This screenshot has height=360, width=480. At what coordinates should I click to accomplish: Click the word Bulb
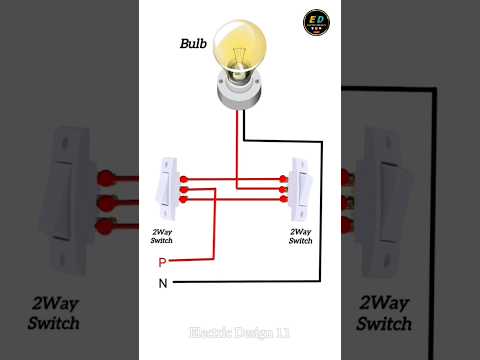pos(193,43)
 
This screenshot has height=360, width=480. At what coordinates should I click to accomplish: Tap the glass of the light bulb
pos(238,45)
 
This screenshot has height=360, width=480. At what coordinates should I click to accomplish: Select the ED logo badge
pos(316,22)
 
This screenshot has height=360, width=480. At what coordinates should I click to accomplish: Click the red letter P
pos(162,262)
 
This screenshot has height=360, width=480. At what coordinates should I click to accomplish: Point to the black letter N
pos(162,283)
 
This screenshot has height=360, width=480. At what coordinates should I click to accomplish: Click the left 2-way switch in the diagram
pos(166,188)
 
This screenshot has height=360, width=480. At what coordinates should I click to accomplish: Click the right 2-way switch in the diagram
pos(300,188)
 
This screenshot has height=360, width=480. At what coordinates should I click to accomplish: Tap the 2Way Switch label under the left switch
pos(162,236)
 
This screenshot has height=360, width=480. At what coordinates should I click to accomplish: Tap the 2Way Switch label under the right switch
pos(301,236)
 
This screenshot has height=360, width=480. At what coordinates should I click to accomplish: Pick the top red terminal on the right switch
pos(285,178)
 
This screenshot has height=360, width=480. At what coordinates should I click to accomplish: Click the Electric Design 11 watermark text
pos(240,331)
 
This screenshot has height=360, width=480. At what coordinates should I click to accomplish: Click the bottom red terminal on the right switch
pos(285,199)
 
